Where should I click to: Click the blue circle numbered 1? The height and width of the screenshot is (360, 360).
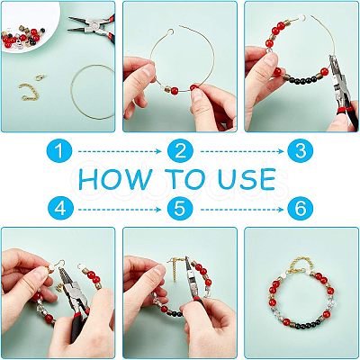59,150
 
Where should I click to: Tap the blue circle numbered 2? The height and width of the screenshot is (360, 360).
180,150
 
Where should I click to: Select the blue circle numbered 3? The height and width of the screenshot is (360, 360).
301,150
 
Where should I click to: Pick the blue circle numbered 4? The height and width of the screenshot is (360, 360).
60,208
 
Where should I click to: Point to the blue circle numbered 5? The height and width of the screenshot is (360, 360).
180,208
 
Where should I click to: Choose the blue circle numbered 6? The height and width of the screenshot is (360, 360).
301,208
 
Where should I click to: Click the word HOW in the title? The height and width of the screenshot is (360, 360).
115,179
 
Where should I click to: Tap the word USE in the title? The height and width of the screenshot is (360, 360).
247,179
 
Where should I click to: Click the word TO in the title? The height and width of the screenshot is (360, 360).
184,179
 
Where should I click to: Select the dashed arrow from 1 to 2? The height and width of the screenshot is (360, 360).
120,151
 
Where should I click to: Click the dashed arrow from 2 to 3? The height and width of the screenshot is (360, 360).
242,151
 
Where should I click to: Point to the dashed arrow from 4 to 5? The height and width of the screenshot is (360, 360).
120,210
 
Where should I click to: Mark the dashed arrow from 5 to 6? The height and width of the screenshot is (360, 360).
242,210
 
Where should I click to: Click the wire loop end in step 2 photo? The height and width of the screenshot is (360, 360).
170,31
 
